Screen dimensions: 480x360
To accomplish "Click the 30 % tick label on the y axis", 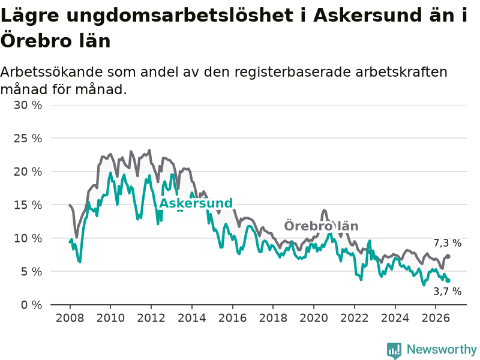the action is coord(28,106).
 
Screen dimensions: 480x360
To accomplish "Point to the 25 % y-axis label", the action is coord(28,139).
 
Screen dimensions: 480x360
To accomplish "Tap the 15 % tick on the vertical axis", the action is coord(28,205).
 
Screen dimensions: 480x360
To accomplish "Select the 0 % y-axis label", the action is coord(32,305).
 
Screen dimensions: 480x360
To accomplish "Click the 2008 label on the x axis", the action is coord(70,318).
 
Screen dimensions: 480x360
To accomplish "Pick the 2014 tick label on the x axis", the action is coord(192,318).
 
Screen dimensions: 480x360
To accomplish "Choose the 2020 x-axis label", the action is coord(314,318).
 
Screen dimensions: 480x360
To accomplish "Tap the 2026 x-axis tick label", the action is coord(436,318).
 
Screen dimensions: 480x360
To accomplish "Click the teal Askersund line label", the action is coord(196,203).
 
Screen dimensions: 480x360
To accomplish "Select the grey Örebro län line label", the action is coord(321,226).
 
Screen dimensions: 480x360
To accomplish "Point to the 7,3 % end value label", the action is coord(448,243).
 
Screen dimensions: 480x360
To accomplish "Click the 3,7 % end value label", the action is coord(448,292).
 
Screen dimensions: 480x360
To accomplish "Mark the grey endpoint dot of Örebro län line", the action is coord(448,256).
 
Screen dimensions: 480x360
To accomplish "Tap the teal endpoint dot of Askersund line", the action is coord(448,280).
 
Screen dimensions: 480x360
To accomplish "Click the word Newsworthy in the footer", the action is coord(442,349).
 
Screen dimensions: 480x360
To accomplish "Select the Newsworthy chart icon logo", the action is coord(394,350).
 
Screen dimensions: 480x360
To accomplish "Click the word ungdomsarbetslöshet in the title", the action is coord(179,16).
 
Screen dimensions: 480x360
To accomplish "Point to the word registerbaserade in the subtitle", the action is coord(293,72).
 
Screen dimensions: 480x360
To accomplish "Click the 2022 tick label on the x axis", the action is coord(355,318).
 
